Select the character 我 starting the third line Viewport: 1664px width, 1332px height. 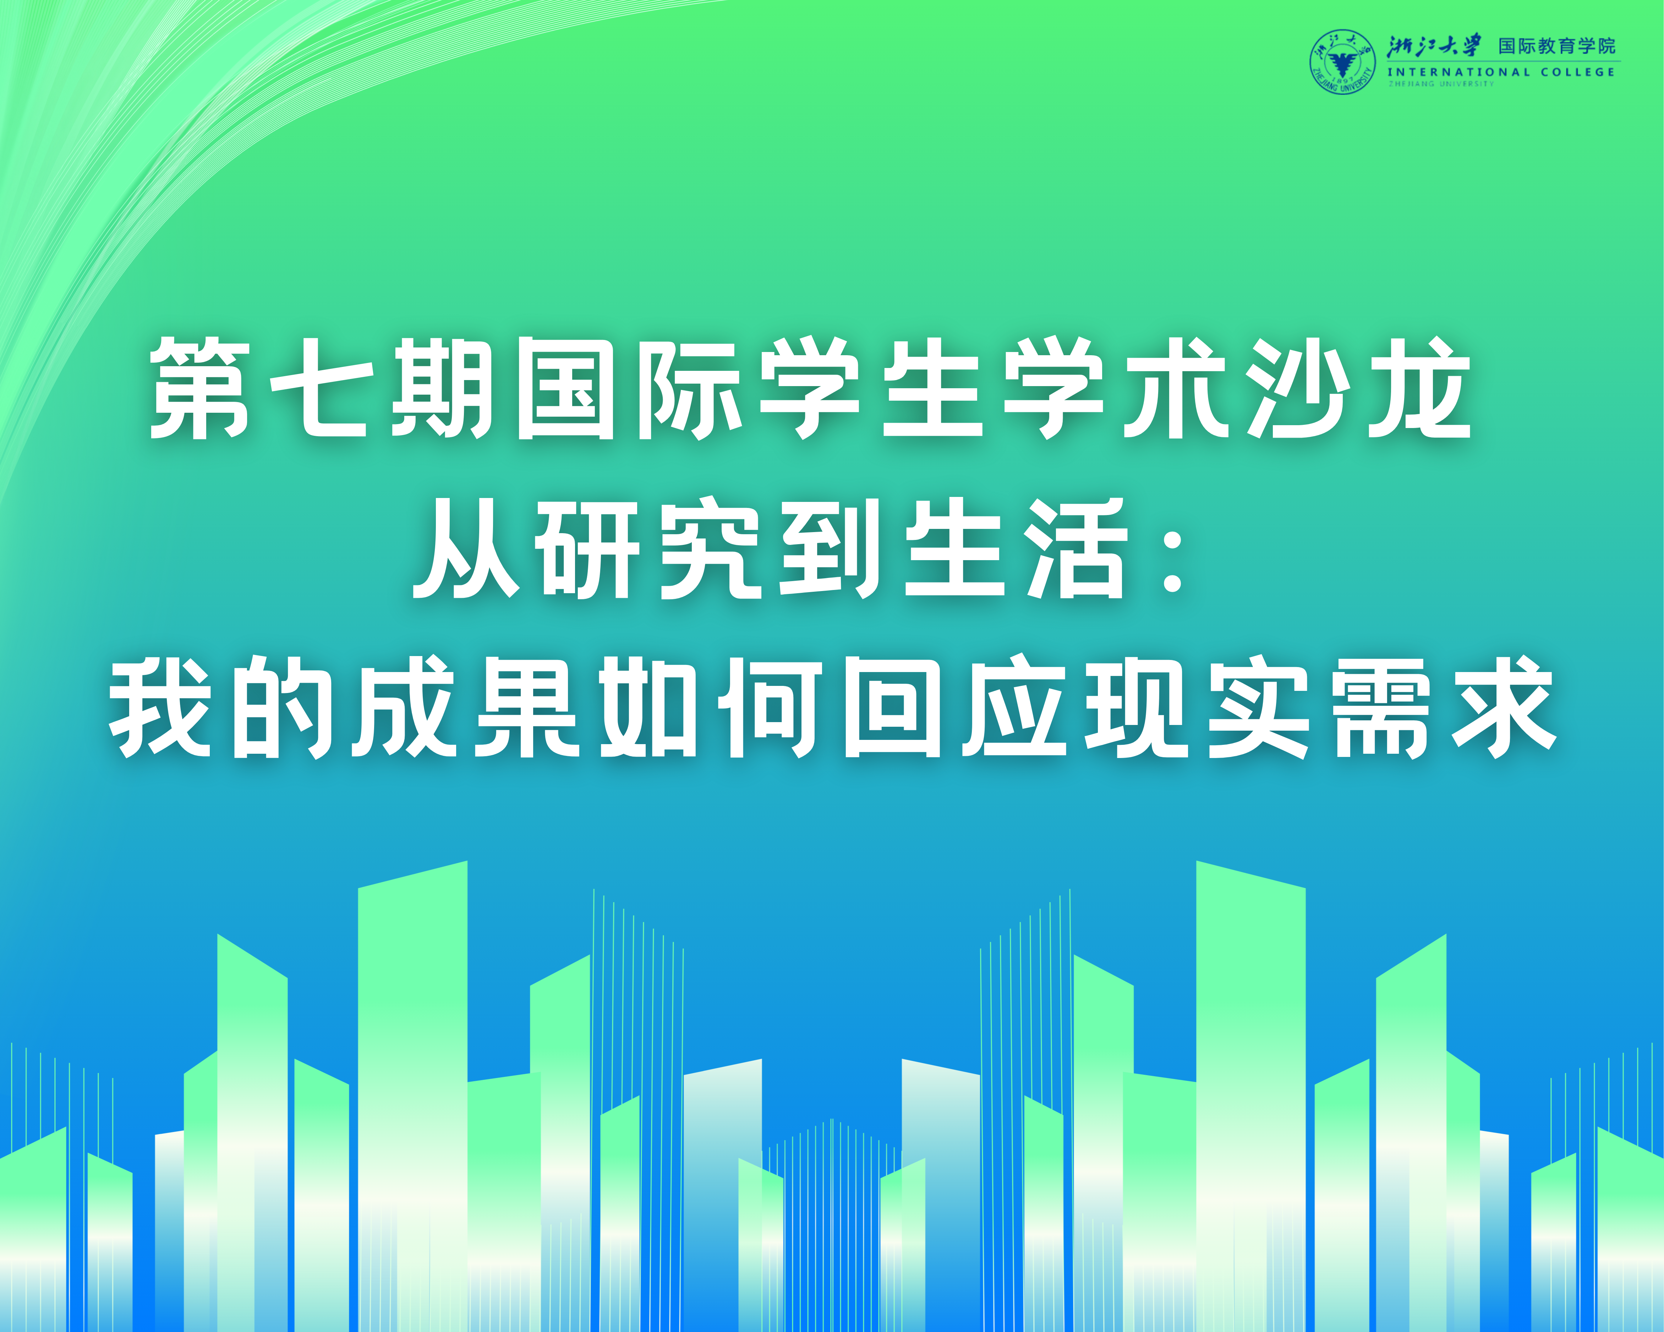[160, 706]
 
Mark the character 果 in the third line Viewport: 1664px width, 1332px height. [528, 706]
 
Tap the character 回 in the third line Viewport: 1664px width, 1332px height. [893, 706]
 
